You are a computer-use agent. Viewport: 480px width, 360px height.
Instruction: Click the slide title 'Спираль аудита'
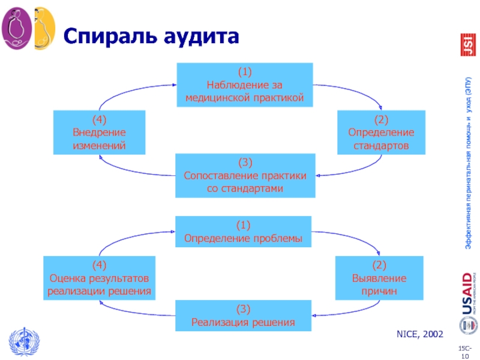[151, 37]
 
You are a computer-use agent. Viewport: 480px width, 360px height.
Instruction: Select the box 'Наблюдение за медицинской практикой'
[245, 85]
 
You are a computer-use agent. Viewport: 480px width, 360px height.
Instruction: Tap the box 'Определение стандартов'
[381, 132]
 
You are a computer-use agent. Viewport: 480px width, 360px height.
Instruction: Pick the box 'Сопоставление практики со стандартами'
[245, 175]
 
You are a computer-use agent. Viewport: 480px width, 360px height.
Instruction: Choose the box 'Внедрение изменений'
[99, 132]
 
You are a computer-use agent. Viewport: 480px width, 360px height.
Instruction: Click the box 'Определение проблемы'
[243, 232]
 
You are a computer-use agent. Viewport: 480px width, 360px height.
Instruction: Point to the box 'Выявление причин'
[379, 278]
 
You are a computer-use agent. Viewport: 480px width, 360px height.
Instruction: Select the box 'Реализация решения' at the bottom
[243, 316]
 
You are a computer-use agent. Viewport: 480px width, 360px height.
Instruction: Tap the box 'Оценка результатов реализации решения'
[100, 278]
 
